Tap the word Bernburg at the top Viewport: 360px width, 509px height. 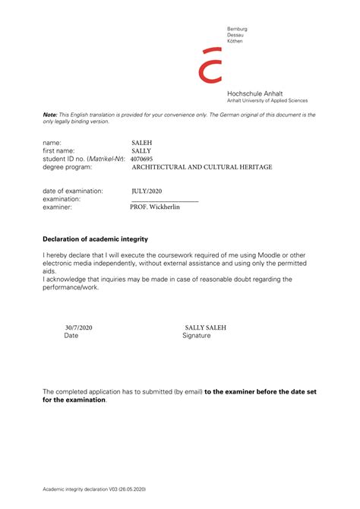237,29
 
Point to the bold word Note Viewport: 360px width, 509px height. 49,114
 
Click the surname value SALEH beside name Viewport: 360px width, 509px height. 142,143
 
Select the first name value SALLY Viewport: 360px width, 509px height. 141,151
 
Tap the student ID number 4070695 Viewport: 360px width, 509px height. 142,159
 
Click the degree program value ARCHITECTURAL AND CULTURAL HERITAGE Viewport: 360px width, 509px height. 201,167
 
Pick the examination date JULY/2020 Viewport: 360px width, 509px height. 147,191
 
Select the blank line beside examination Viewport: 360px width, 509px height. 164,200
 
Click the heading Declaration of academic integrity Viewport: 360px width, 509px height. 95,239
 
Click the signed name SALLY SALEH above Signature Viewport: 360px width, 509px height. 205,327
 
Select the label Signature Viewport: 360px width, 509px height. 197,335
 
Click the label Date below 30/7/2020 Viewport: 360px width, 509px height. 71,335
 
